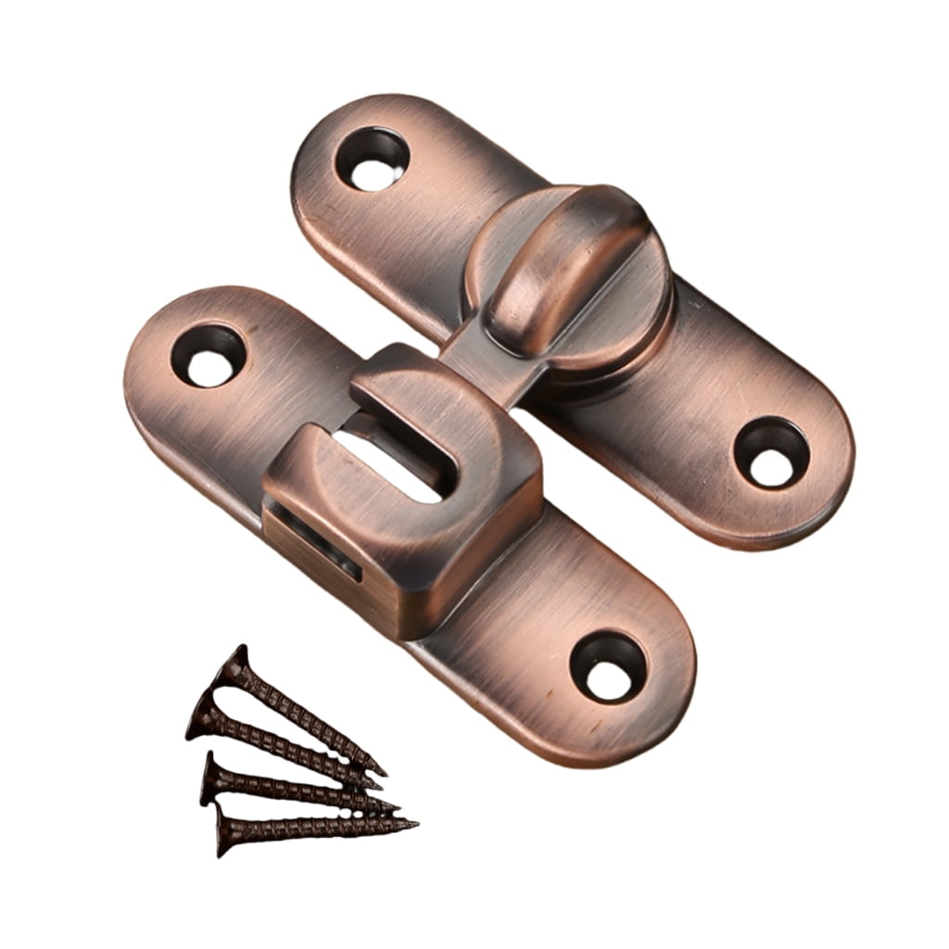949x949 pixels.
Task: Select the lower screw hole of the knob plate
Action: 771,451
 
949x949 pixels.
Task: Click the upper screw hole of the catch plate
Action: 208,354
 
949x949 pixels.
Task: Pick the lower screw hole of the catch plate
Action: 607,665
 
